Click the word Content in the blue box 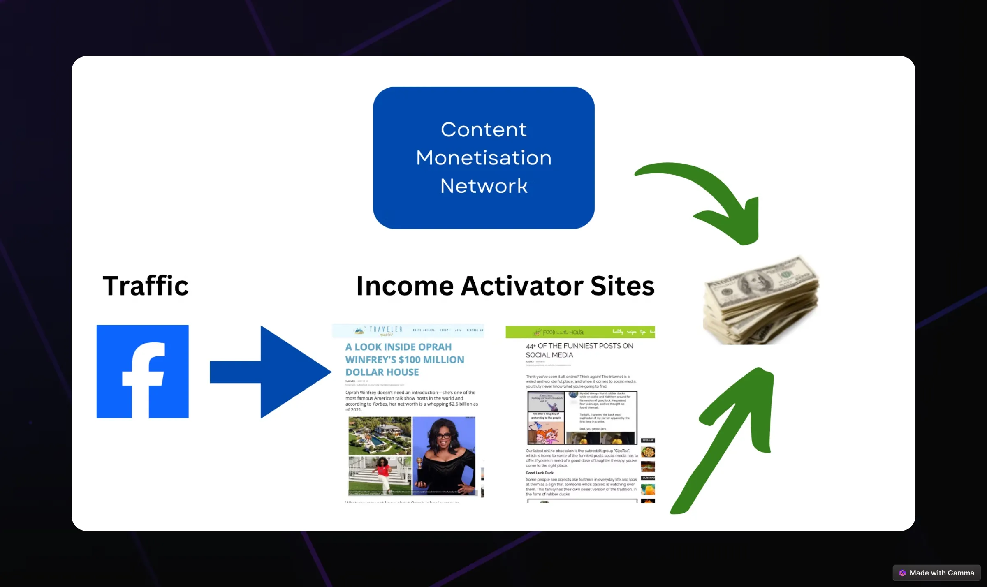[x=484, y=130]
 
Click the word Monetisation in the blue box [x=484, y=158]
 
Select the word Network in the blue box [x=484, y=186]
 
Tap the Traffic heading [x=146, y=286]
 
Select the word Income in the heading [x=405, y=286]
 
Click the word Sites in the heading [x=622, y=286]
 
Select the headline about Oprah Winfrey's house [x=404, y=360]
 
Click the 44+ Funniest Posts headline [x=579, y=350]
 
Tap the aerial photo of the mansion [x=380, y=436]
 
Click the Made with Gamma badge [x=936, y=573]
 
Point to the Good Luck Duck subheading [x=540, y=473]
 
